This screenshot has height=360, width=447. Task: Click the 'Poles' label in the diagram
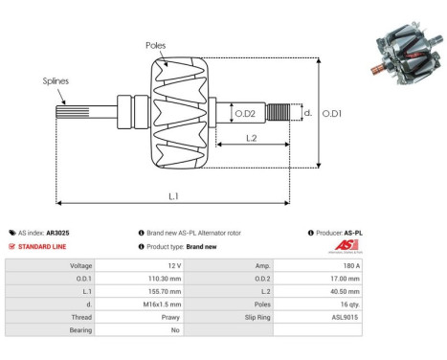[156, 45]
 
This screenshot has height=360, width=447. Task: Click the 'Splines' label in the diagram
[56, 81]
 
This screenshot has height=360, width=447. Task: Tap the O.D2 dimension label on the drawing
[246, 114]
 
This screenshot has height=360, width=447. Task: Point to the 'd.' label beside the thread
[307, 112]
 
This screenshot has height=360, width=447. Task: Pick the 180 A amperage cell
[349, 265]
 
